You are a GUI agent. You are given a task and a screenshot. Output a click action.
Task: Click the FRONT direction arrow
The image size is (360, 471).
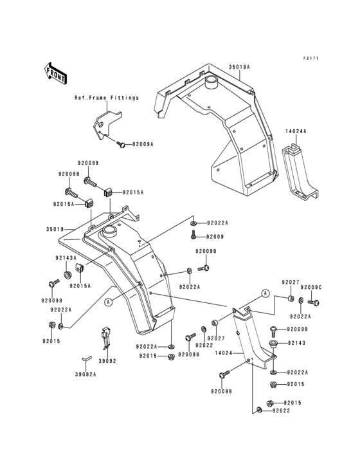57,73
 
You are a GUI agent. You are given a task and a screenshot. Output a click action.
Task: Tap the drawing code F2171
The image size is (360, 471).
311,59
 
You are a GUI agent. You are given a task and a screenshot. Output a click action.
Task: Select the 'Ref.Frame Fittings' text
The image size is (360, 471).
106,98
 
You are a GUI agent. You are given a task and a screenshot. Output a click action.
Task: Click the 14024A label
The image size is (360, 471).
296,131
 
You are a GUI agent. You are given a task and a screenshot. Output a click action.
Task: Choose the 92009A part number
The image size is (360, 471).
143,145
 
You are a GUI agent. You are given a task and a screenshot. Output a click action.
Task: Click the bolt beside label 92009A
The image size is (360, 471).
122,144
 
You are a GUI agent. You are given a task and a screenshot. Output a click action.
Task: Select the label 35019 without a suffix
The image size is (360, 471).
55,228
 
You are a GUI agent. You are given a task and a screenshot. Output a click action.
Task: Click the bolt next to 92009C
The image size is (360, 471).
314,300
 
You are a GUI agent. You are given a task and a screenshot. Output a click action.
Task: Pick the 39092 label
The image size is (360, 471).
107,362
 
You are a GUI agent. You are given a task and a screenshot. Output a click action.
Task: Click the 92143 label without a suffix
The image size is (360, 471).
296,343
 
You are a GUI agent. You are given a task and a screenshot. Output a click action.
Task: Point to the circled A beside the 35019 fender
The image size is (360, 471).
109,301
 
